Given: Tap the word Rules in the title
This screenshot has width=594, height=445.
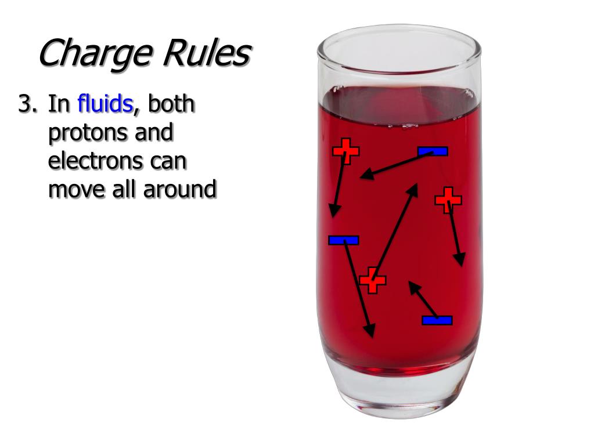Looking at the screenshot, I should pyautogui.click(x=206, y=54).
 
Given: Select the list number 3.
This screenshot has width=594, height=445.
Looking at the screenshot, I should pyautogui.click(x=27, y=105).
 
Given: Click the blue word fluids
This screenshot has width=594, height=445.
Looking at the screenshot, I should pyautogui.click(x=106, y=104).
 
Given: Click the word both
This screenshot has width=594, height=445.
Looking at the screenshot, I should pyautogui.click(x=171, y=104).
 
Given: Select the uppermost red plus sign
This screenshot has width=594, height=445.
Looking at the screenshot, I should pyautogui.click(x=345, y=151).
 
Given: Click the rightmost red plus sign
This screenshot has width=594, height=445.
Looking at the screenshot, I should pyautogui.click(x=448, y=200).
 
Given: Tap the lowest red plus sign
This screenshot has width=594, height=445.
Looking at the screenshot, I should pyautogui.click(x=372, y=281).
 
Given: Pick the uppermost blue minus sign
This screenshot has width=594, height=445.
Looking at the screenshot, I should pyautogui.click(x=433, y=151).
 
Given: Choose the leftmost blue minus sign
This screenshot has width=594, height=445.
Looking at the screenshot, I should pyautogui.click(x=344, y=240).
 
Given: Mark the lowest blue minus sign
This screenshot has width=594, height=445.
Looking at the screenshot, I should pyautogui.click(x=437, y=320).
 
